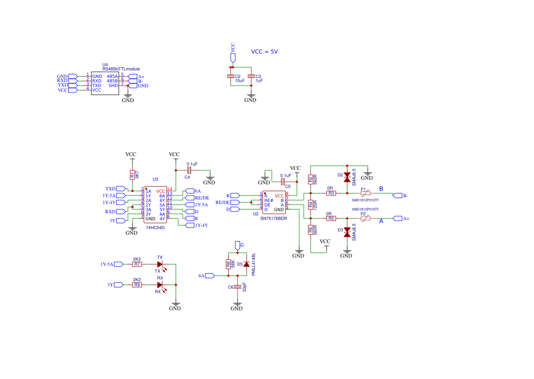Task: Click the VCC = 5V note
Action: coord(264,52)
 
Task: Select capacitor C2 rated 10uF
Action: coord(231,76)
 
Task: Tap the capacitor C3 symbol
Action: coord(250,76)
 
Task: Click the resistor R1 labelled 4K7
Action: coord(132,174)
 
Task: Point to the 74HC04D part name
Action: coord(155,227)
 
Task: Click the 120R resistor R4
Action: coord(310,205)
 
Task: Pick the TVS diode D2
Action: coord(347,176)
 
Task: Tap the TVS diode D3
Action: coord(347,233)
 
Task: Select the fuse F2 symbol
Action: coord(365,218)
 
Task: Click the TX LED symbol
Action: coord(160,264)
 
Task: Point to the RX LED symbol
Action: coord(160,285)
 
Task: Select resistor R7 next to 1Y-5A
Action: coord(137,264)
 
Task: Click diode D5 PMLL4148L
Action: coord(247,264)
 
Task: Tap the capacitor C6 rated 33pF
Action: coord(237,287)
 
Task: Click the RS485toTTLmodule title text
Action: coord(122,69)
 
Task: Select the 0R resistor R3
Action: coord(331,194)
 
